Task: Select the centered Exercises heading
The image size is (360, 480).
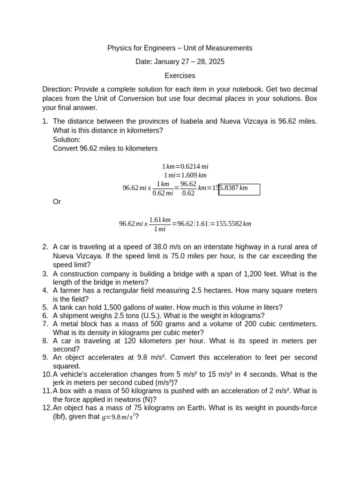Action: tap(180, 75)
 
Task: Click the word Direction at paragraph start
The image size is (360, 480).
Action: tap(56, 89)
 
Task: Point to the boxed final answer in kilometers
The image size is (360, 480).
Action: tap(239, 189)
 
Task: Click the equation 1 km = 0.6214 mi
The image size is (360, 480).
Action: tap(185, 166)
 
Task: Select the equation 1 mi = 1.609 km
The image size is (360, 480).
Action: tap(185, 175)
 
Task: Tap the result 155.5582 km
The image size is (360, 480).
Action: tap(233, 224)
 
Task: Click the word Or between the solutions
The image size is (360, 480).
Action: tap(57, 202)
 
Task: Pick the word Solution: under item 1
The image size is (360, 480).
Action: tap(67, 140)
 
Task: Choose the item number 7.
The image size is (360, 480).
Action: tap(45, 324)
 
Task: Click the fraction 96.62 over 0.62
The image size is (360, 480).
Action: tap(187, 188)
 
